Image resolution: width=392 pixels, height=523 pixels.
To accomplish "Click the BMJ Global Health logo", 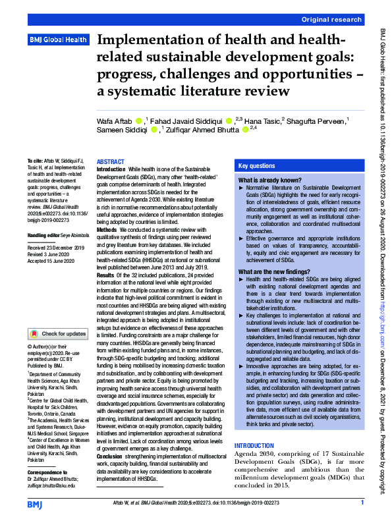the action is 58,40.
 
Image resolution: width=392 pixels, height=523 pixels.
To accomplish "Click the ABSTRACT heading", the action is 110,162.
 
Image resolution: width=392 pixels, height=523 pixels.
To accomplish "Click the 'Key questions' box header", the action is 257,167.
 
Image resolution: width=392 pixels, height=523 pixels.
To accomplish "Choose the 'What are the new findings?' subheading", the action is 275,272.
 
